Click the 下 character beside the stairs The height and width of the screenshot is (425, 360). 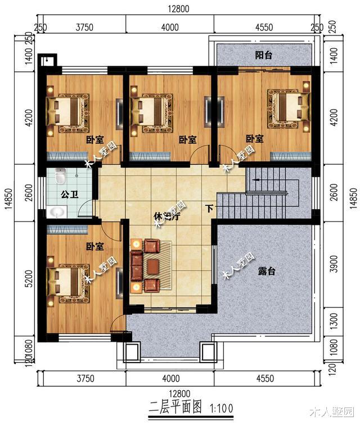[209, 209]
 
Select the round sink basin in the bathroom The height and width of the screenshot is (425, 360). [57, 212]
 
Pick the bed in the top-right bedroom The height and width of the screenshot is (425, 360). [289, 106]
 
